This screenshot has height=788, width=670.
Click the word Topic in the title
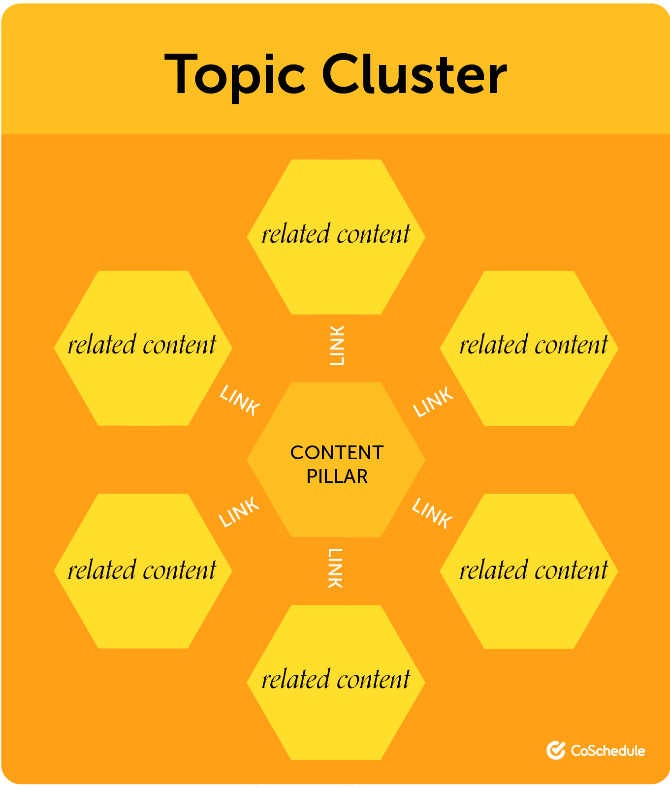235,75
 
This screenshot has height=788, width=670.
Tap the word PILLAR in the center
337,476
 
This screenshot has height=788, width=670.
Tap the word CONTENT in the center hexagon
337,453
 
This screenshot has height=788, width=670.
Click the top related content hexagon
336,276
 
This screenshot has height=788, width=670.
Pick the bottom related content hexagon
336,719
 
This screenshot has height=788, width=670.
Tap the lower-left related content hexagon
143,610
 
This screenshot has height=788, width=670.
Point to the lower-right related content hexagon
529,610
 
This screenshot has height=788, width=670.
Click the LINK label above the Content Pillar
337,346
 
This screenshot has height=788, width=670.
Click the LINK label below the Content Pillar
335,568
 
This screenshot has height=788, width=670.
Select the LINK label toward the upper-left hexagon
240,401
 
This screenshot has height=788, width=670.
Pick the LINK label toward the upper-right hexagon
433,402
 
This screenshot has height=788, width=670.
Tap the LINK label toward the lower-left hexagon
239,512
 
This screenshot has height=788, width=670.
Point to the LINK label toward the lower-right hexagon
432,513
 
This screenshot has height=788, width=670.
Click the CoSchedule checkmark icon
556,750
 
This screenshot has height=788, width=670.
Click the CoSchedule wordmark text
608,751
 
